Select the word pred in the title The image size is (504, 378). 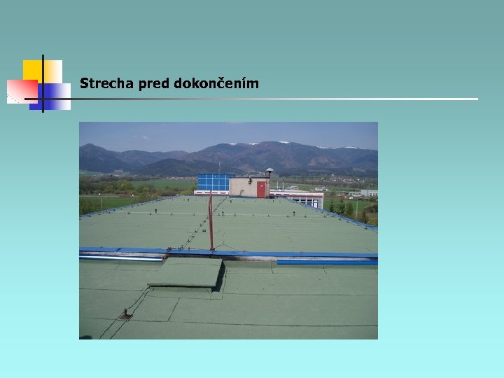[x=155, y=84]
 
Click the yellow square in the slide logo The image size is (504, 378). [x=33, y=70]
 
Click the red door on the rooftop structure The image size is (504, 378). [x=262, y=189]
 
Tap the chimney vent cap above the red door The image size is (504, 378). [x=269, y=171]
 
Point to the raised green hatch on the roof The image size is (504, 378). [x=185, y=273]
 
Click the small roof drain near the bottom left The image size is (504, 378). [x=125, y=315]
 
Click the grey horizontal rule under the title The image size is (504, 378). [x=280, y=99]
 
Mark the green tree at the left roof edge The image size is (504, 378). [x=87, y=205]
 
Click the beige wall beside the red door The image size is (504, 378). [x=242, y=188]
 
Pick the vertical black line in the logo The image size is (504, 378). [x=43, y=83]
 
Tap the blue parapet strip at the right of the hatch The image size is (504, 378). [x=327, y=262]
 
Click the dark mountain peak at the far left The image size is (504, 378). [x=90, y=148]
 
